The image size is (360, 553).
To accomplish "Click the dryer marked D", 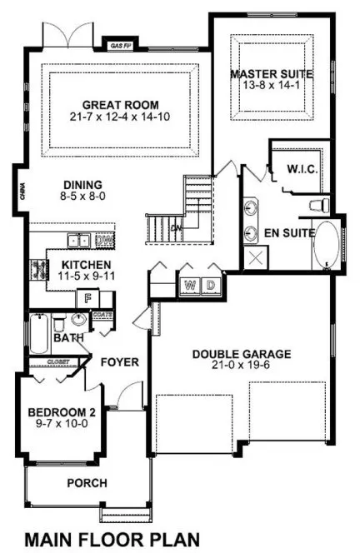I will click(212, 286).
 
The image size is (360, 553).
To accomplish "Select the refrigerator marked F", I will click(85, 298).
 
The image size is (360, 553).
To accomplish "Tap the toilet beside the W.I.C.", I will click(319, 204).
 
